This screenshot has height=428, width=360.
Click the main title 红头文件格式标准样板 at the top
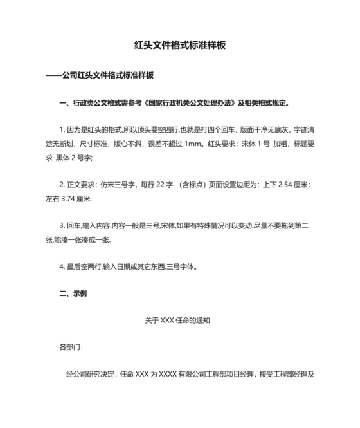point(180,46)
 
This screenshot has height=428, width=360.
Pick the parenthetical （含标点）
point(199,185)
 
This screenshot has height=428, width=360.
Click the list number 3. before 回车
point(62,226)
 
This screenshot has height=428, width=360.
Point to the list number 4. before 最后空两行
point(62,266)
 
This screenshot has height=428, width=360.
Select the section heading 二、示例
point(73,293)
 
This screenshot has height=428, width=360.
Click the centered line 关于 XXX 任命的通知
point(179,320)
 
